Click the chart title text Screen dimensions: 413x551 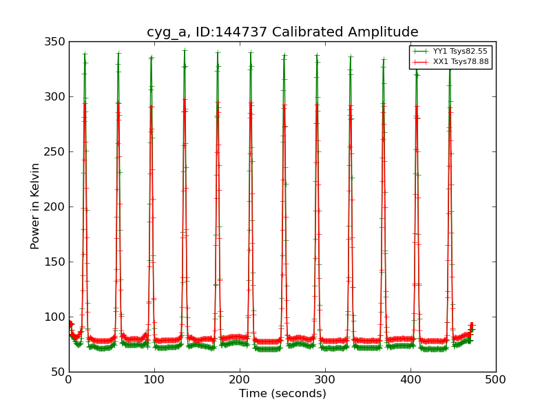click(282, 32)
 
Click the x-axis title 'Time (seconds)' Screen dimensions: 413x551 click(282, 394)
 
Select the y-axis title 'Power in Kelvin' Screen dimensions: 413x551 click(36, 206)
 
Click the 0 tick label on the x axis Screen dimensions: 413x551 click(69, 379)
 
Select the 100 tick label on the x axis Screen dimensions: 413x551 click(154, 379)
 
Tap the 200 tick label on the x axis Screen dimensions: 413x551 click(240, 379)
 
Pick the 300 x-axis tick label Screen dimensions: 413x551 click(325, 379)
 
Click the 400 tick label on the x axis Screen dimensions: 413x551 click(410, 379)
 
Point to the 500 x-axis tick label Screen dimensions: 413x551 click(496, 379)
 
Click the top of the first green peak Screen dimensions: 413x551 click(85, 54)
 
